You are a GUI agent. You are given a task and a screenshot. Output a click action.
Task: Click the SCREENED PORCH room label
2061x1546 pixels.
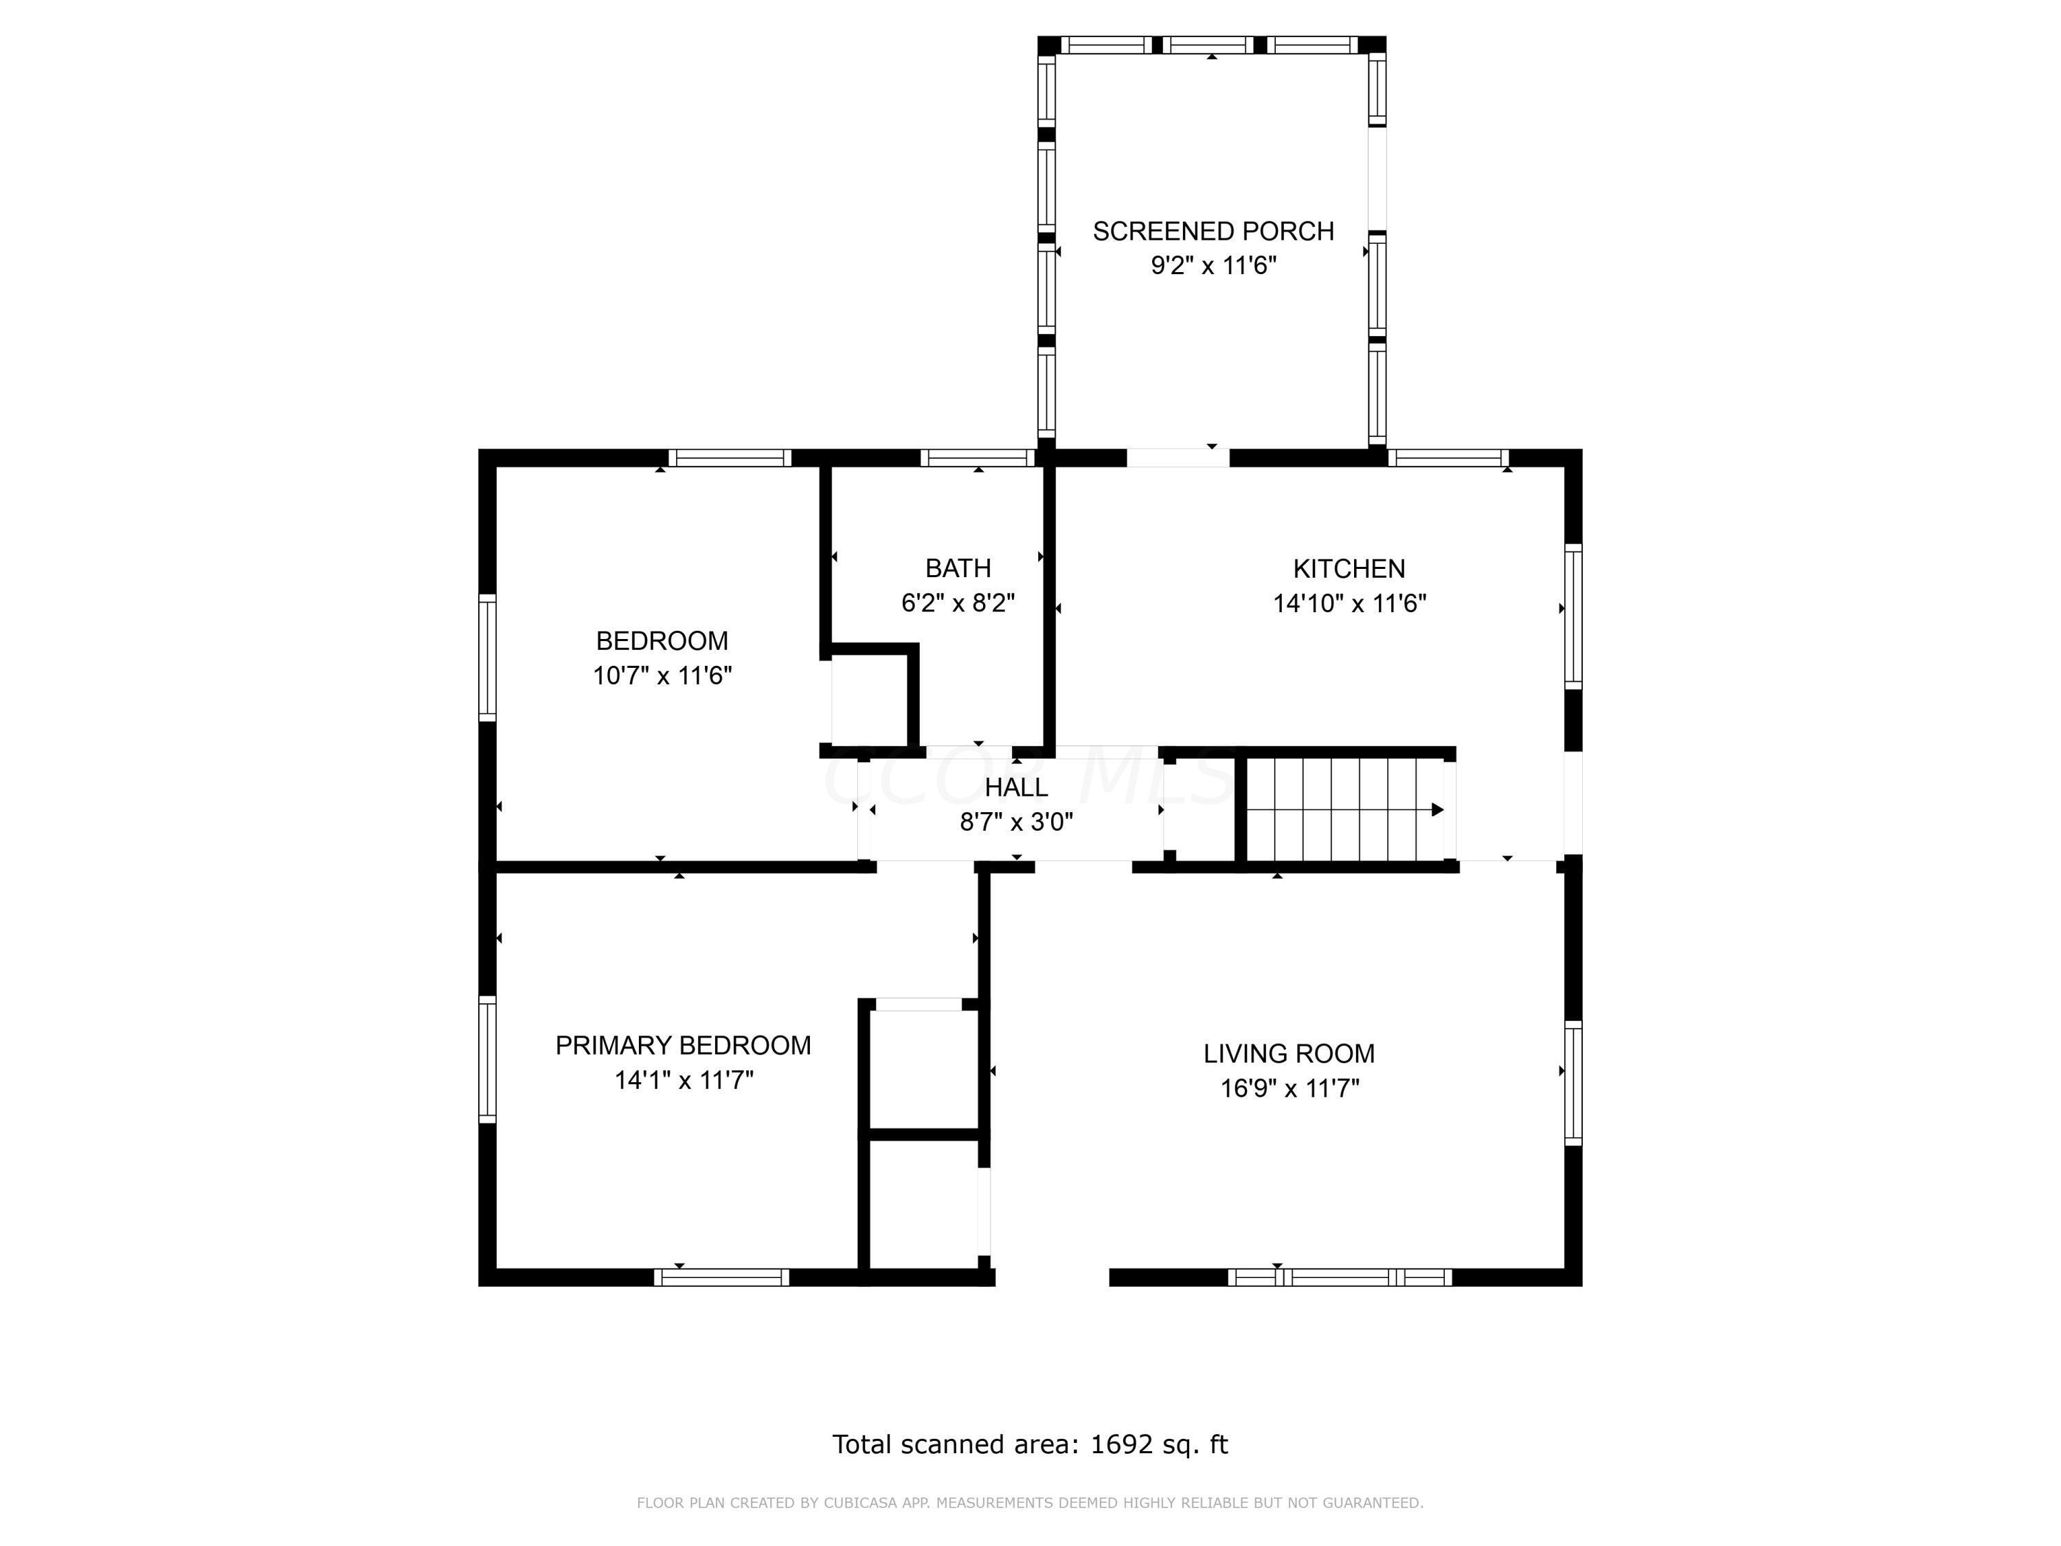coord(1213,231)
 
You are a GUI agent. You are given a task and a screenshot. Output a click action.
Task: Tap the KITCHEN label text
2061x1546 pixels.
coord(1349,568)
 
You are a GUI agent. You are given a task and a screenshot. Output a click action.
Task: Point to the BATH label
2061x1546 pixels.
coord(958,568)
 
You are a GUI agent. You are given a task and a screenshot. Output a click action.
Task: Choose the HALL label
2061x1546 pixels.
coord(1017,787)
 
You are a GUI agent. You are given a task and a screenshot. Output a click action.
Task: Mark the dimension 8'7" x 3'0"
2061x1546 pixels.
coord(1017,822)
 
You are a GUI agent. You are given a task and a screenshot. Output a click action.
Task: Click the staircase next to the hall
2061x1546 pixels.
coord(1344,809)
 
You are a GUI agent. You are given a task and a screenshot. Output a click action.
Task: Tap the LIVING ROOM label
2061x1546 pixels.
coord(1289,1054)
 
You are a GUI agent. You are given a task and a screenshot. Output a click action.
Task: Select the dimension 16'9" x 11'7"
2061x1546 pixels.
coord(1289,1088)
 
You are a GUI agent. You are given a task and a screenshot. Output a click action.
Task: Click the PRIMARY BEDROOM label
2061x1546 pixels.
coord(683,1046)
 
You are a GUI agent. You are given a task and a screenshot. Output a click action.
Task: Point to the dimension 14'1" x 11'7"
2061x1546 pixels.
coord(684,1080)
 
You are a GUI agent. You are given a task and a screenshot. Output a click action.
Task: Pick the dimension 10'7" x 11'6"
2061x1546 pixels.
coord(662,675)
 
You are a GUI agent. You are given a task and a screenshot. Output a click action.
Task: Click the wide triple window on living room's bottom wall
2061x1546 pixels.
coord(1340,1277)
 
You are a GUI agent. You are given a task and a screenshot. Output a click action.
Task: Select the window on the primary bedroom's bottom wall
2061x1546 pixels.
coord(721,1277)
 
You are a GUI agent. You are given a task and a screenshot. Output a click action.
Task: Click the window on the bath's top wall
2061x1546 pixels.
coord(978,458)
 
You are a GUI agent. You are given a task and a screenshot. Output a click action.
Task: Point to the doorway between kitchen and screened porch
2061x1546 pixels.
coord(1179,458)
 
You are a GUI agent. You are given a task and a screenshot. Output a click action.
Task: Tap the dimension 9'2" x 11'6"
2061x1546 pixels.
coord(1213,267)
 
